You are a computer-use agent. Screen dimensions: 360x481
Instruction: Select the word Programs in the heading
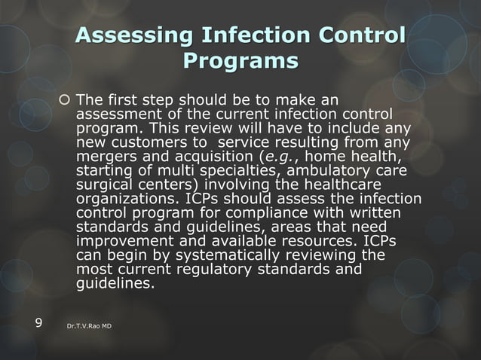click(x=240, y=59)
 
